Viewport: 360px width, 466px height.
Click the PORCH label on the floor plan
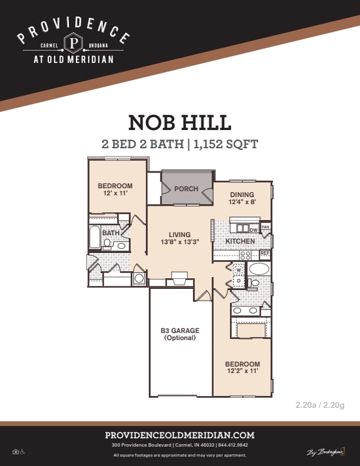pos(186,189)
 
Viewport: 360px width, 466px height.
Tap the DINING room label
pos(242,195)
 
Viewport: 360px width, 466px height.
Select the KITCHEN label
pos(241,241)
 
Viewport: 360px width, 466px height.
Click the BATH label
pos(111,233)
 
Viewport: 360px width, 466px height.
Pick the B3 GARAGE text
pos(180,331)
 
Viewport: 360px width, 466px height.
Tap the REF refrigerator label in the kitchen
pos(265,254)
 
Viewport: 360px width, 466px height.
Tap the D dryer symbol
pos(239,281)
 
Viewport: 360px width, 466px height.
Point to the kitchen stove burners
pos(245,255)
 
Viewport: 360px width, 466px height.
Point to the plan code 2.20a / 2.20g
pos(320,405)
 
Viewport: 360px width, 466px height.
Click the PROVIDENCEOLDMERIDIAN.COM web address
pos(180,435)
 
